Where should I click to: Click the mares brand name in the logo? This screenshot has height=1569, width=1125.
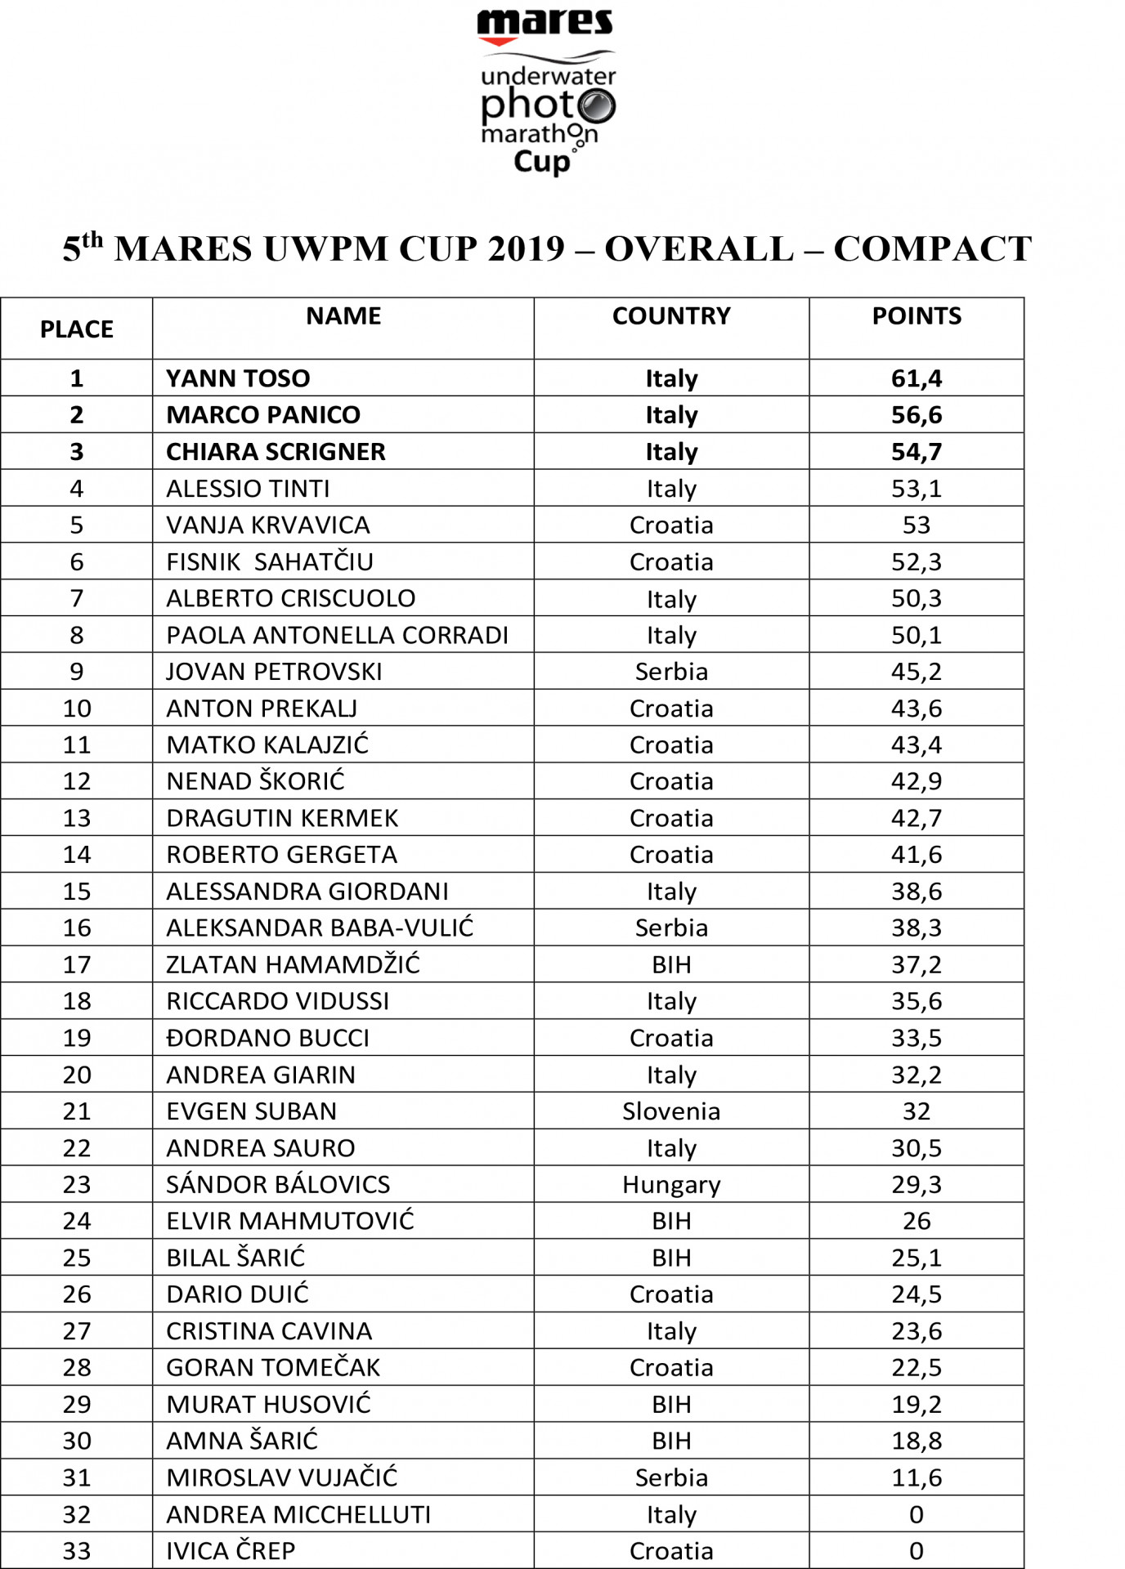(545, 22)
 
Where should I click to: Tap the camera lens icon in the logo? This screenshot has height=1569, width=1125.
(596, 105)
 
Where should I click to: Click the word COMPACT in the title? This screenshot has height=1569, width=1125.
(932, 249)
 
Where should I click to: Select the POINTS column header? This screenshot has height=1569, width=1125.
(916, 316)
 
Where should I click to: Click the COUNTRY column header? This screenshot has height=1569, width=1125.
(671, 316)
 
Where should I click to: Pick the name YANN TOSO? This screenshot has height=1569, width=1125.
(238, 378)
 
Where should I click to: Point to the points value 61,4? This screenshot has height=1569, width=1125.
(916, 378)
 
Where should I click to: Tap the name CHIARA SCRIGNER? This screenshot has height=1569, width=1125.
(276, 452)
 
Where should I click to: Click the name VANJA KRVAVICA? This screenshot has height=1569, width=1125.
(267, 525)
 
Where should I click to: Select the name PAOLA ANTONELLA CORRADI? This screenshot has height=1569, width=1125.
(337, 635)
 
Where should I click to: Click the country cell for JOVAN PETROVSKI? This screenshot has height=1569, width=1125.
(671, 672)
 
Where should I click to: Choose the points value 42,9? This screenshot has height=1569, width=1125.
(916, 781)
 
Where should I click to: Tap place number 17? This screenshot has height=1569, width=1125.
(77, 965)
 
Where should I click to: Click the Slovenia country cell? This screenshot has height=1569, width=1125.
(671, 1111)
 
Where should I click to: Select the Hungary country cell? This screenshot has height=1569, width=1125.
(671, 1185)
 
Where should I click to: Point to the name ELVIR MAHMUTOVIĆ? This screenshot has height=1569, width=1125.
(289, 1221)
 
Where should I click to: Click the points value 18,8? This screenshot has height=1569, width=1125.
(916, 1441)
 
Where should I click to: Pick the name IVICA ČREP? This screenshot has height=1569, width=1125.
(231, 1551)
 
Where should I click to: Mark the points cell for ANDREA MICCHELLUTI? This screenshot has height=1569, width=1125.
(916, 1514)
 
